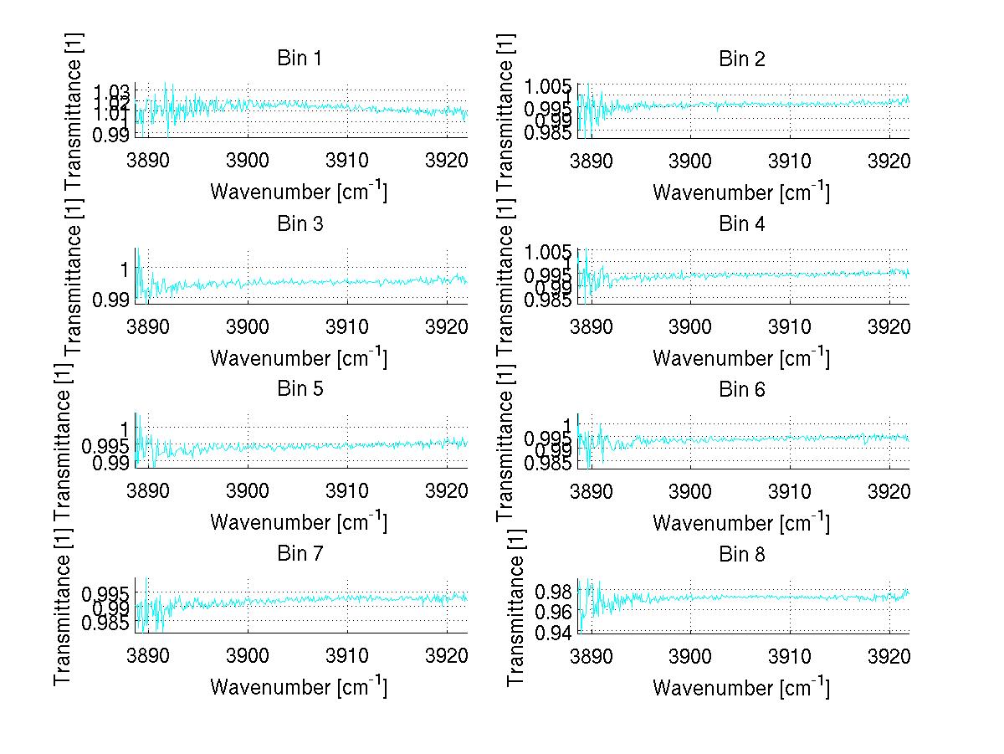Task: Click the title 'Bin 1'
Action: click(x=299, y=59)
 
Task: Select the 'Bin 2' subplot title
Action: click(x=741, y=59)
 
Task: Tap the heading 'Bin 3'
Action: click(x=299, y=223)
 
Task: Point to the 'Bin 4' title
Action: click(x=741, y=223)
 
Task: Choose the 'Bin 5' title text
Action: click(x=299, y=389)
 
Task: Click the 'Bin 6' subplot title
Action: click(x=741, y=389)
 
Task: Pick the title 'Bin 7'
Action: click(x=299, y=554)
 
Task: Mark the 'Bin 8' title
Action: click(x=741, y=554)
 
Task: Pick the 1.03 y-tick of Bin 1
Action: click(x=111, y=90)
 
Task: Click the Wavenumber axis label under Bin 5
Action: click(x=299, y=522)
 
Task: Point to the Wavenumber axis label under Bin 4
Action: click(x=741, y=357)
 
